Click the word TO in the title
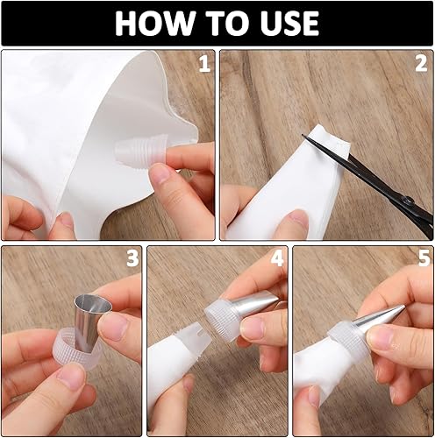pyautogui.click(x=228, y=24)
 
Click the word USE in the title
pyautogui.click(x=289, y=24)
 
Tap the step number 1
pyautogui.click(x=204, y=64)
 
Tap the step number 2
pyautogui.click(x=421, y=64)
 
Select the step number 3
pyautogui.click(x=132, y=258)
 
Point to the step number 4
pyautogui.click(x=277, y=258)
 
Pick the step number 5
pyautogui.click(x=424, y=258)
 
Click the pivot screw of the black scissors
pyautogui.click(x=409, y=201)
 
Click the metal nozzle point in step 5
pyautogui.click(x=404, y=307)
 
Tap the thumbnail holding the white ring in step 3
pyautogui.click(x=72, y=377)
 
